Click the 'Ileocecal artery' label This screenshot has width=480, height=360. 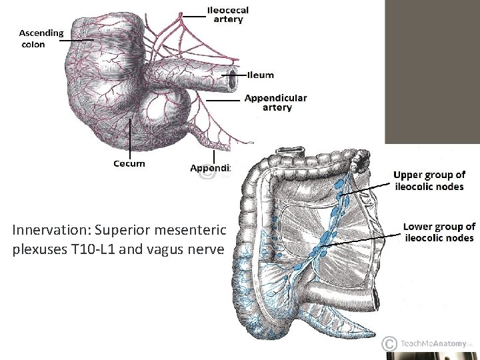click(x=228, y=15)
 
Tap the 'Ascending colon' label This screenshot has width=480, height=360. click(x=41, y=38)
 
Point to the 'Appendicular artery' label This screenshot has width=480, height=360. click(x=276, y=102)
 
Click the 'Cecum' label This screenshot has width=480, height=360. click(x=129, y=163)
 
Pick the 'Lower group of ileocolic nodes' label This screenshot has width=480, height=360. click(x=439, y=232)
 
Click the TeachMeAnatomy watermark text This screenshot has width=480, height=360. click(x=433, y=343)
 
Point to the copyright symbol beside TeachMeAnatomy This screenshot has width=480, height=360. click(x=389, y=343)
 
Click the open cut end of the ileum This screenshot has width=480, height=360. click(x=233, y=79)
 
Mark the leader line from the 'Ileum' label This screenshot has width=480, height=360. click(x=242, y=75)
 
